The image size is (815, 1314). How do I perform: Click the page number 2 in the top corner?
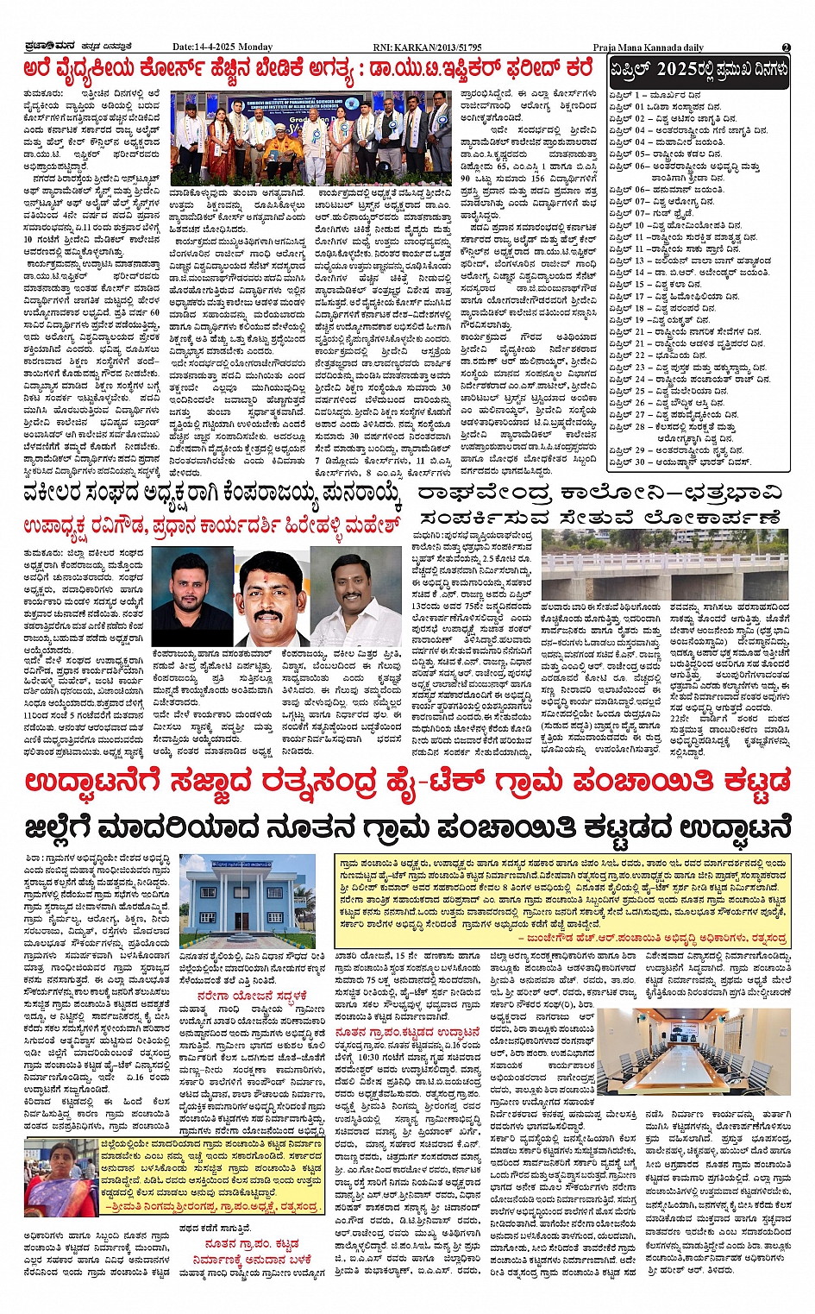pyautogui.click(x=786, y=47)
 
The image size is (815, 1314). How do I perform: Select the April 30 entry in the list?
pyautogui.click(x=680, y=462)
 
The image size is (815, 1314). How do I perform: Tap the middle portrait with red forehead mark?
pyautogui.click(x=270, y=595)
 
